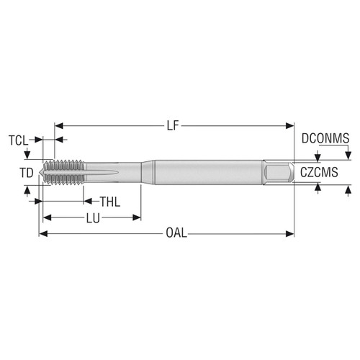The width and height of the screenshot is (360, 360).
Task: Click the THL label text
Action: [109, 201]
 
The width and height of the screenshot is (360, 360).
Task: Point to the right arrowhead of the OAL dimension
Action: [291, 234]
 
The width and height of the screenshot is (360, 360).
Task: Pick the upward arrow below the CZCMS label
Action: [318, 189]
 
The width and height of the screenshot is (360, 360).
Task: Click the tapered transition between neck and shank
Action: [146, 173]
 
